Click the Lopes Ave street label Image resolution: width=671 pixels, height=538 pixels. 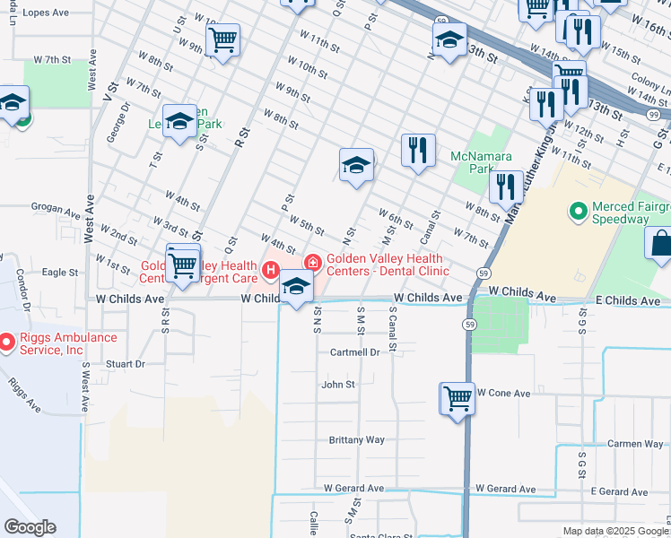pos(45,13)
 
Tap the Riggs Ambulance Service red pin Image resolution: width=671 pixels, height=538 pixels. pos(7,342)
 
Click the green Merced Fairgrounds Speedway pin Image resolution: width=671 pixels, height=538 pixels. pos(579,212)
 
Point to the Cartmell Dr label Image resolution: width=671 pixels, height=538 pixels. pos(355,352)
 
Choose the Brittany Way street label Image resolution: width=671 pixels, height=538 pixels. pos(356,440)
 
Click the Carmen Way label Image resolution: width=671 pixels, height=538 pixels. pos(634,444)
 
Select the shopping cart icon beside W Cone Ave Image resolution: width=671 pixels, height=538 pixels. pos(457,397)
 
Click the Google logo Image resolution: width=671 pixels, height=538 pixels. pos(30,527)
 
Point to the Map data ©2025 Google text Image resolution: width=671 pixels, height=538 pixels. pos(615,531)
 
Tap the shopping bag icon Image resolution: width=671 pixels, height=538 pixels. pos(659,243)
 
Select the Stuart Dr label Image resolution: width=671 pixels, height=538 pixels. pos(125,364)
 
